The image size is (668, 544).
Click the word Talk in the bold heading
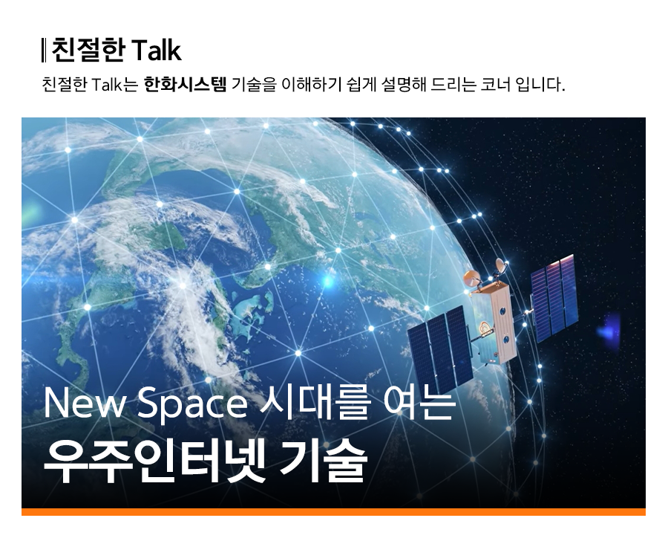click(x=157, y=51)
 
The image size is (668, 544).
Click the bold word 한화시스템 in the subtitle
click(x=186, y=85)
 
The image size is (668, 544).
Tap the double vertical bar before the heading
click(x=44, y=51)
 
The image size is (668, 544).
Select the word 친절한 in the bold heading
click(x=88, y=51)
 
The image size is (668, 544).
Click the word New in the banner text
click(x=83, y=404)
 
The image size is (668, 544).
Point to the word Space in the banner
click(x=191, y=405)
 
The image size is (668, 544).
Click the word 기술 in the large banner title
click(x=323, y=461)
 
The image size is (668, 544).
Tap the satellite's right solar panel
click(x=554, y=298)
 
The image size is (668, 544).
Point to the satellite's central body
click(x=494, y=323)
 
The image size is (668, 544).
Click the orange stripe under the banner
click(x=333, y=512)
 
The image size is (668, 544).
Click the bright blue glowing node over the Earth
click(x=327, y=281)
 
